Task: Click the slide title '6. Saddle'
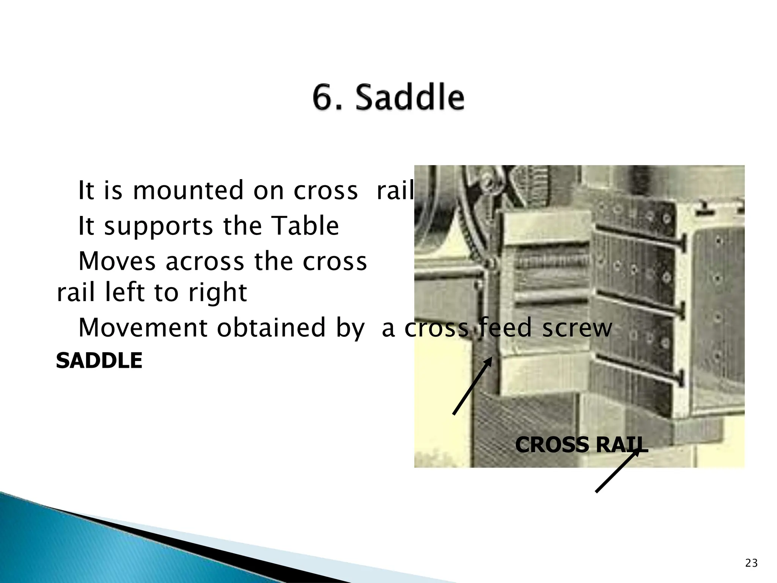388,98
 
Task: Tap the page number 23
751,563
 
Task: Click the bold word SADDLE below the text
99,361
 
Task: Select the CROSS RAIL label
581,445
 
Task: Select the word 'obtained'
271,328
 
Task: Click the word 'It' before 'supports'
86,226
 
